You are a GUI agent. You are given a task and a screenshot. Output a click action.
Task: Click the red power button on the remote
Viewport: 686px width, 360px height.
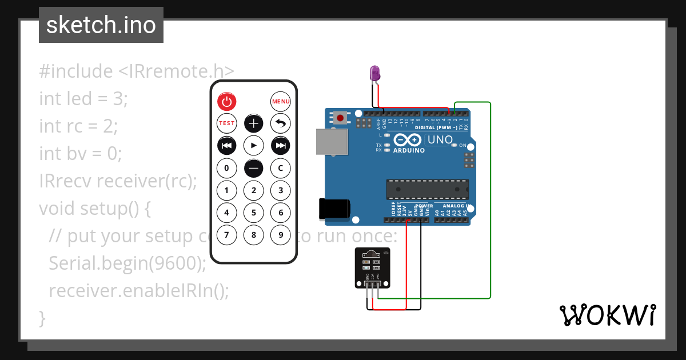(x=227, y=102)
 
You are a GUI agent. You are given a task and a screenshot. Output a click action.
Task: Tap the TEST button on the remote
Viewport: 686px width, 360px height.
(x=227, y=123)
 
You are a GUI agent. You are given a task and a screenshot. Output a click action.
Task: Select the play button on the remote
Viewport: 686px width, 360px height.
(x=253, y=145)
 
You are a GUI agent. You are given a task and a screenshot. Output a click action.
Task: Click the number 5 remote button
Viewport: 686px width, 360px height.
(x=253, y=213)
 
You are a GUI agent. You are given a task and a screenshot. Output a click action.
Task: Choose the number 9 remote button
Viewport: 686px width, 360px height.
(x=280, y=234)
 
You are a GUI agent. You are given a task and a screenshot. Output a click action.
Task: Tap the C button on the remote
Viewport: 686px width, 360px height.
(x=280, y=168)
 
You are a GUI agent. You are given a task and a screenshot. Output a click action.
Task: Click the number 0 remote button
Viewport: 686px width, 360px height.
(x=227, y=168)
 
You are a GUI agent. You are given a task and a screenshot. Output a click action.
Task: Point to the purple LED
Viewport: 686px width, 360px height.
(x=375, y=73)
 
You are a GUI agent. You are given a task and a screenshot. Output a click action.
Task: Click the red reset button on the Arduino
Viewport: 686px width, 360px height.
(x=341, y=118)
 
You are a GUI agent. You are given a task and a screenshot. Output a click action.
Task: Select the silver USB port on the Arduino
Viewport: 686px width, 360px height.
(x=331, y=141)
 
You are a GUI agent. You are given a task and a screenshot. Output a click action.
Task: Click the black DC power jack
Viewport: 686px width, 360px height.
(x=334, y=209)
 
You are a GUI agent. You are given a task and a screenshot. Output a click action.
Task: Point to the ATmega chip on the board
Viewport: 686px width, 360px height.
(x=428, y=189)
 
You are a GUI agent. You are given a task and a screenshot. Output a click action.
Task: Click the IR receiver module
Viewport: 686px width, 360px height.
(x=372, y=267)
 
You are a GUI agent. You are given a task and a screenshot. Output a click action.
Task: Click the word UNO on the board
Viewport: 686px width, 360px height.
(x=440, y=139)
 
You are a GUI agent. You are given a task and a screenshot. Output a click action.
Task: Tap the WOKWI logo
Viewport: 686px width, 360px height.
(x=608, y=315)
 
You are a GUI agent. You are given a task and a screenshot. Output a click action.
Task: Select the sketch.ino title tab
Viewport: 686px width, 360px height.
(x=101, y=25)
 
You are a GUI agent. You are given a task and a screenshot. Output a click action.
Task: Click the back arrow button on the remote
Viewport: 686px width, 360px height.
(x=280, y=123)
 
